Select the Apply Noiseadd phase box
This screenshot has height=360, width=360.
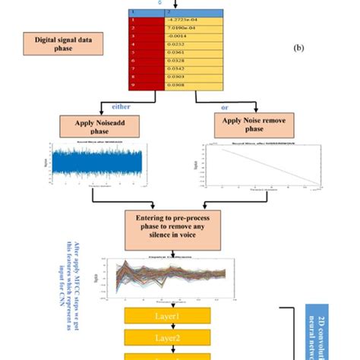coord(92,125)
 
